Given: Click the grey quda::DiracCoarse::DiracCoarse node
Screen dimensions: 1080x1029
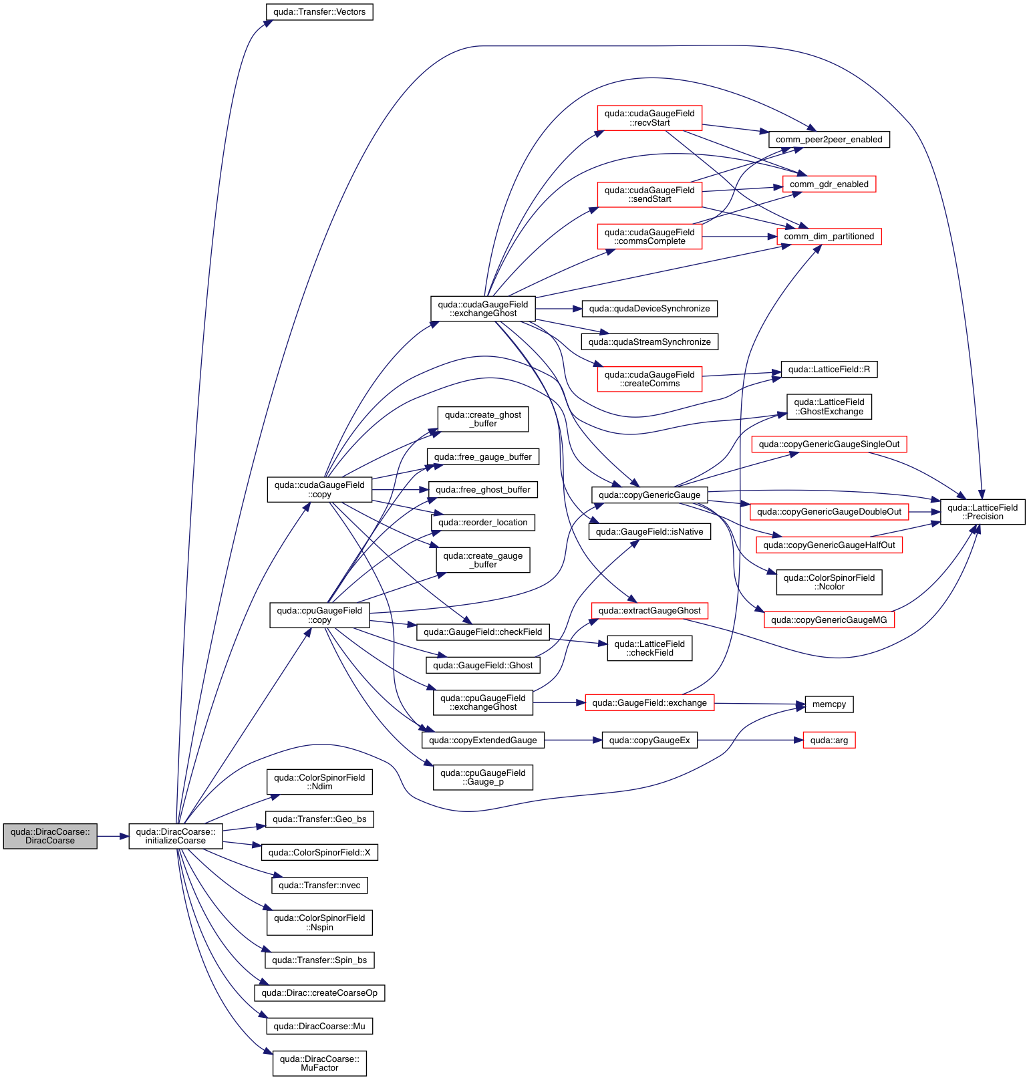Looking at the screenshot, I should [50, 836].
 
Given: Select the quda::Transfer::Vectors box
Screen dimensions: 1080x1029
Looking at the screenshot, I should [319, 12].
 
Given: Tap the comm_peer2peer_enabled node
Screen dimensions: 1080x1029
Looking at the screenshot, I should [829, 140].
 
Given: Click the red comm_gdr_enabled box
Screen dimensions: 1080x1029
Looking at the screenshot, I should [829, 184].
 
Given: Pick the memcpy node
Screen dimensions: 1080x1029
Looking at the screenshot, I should [829, 704].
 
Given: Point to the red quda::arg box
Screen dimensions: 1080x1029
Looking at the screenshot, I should [829, 740].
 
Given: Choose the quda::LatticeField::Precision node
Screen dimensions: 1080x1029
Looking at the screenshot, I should [982, 512].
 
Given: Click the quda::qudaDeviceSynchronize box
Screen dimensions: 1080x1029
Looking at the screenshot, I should [649, 309].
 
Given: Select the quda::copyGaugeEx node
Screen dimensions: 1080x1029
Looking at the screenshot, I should [649, 740].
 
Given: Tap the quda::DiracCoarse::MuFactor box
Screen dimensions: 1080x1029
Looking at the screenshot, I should [319, 1063].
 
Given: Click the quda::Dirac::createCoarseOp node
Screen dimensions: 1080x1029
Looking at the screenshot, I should [319, 993].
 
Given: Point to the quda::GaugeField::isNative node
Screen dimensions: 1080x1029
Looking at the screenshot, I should [649, 532].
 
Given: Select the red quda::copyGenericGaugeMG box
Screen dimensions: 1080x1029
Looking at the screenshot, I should [829, 620].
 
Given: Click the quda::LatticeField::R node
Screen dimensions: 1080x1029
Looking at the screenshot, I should [829, 370].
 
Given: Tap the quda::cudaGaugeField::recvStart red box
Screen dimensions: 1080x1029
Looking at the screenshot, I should [649, 118].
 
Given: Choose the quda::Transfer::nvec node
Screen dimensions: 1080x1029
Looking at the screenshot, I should [319, 886].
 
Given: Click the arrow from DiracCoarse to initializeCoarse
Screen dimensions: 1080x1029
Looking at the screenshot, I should [113, 836].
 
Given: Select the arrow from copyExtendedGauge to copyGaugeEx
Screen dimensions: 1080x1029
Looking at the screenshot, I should [573, 740].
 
